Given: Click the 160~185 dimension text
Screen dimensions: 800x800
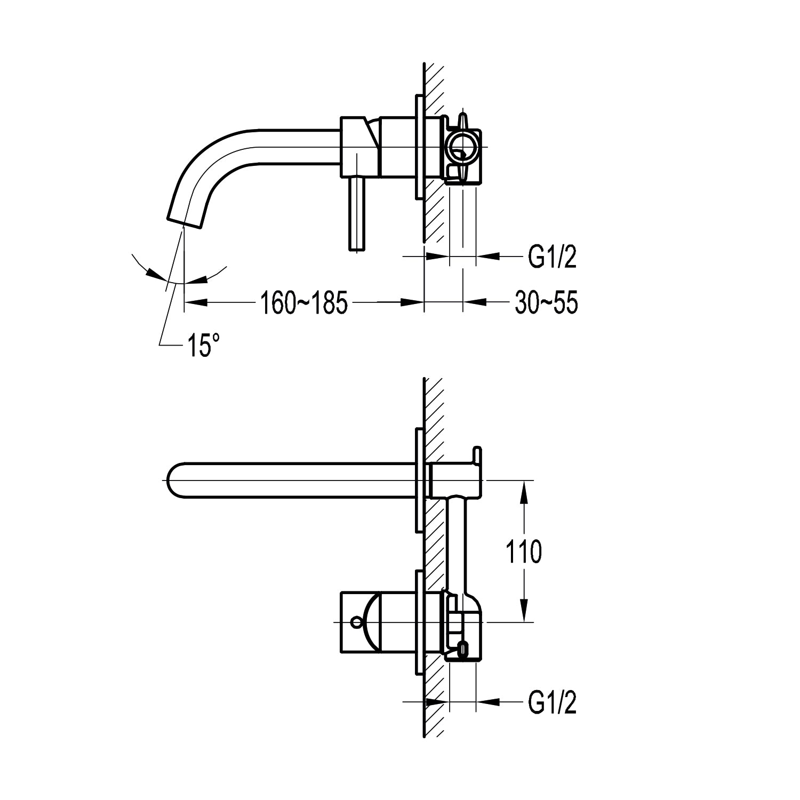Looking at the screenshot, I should point(303,303).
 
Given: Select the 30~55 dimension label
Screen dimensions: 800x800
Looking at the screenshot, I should point(546,303).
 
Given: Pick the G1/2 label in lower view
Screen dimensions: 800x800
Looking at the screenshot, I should point(553,703).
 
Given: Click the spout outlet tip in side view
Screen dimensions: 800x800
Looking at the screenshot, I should point(185,221).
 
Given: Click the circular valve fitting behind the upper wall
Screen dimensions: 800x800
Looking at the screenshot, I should point(462,147).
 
